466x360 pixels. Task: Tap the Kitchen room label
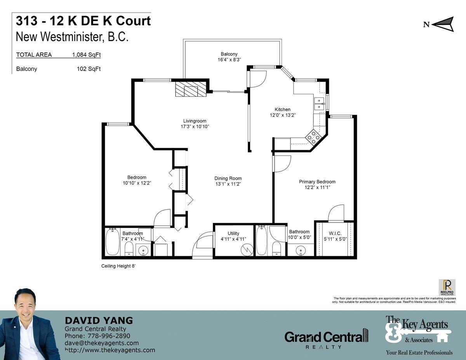[x=282, y=110]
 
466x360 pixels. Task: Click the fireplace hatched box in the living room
[x=191, y=89]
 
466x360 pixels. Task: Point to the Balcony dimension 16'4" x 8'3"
[x=229, y=59]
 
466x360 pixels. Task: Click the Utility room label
[x=233, y=233]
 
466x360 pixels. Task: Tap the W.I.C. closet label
[x=335, y=233]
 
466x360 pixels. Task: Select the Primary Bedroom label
[x=317, y=182]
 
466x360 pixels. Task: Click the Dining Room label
[x=228, y=178]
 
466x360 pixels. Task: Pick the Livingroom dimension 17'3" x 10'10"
[x=195, y=127]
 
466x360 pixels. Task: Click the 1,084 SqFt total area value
[x=87, y=55]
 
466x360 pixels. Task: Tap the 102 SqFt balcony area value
[x=89, y=69]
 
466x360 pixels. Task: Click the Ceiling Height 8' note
[x=118, y=266]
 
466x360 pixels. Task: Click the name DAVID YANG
[x=99, y=320]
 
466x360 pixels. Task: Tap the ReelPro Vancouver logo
[x=447, y=287]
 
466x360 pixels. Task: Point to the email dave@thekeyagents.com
[x=102, y=343]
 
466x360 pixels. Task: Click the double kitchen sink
[x=319, y=104]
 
